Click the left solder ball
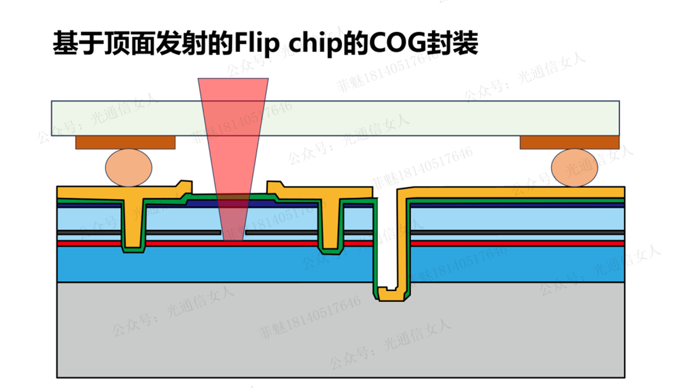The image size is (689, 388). (x=128, y=168)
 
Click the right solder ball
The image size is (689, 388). (x=574, y=168)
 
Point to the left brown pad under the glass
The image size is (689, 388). (x=125, y=142)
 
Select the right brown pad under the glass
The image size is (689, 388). (x=569, y=142)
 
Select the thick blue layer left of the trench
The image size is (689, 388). (x=214, y=264)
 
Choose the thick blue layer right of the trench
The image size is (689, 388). (x=518, y=264)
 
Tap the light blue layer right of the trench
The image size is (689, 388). (x=518, y=219)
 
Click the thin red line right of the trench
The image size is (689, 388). (x=518, y=244)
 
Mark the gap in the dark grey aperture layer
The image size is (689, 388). (x=233, y=233)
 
